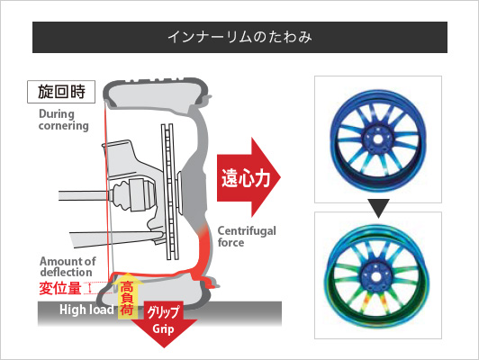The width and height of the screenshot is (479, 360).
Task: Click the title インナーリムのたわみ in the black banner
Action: pos(239,37)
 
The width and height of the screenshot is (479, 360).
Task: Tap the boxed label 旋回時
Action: pos(61,92)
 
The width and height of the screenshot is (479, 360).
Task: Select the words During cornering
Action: pos(64,120)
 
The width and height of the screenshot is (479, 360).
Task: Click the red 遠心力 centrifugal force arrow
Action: pos(249,177)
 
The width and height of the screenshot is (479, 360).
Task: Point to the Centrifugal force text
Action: pos(247,237)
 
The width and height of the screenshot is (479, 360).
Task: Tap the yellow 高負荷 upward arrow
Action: pos(127,296)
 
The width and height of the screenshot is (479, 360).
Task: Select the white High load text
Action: pos(86,310)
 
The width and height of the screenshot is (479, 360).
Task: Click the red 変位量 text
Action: pos(60,288)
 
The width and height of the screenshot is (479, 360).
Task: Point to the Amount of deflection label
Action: pos(68,266)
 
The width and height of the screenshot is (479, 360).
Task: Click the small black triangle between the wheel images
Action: pos(378,208)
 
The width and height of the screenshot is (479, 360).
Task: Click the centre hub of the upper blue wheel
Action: pos(378,139)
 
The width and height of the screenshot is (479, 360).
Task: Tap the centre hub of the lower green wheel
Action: pos(375,277)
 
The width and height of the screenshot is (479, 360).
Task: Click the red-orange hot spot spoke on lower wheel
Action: pos(366,302)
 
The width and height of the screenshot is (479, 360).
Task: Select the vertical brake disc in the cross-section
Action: pos(169,192)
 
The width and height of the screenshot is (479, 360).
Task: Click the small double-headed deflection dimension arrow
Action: pos(90,288)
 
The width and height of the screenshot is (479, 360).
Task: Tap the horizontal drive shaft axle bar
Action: pos(83,195)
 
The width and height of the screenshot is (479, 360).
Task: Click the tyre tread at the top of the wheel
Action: pos(156,82)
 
